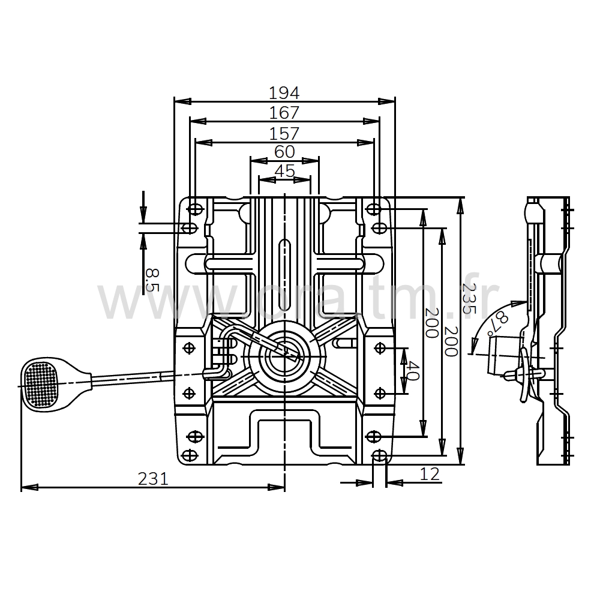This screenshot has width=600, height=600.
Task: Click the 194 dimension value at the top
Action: pyautogui.click(x=284, y=93)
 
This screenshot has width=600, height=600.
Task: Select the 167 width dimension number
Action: pyautogui.click(x=284, y=113)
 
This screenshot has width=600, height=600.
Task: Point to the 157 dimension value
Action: pyautogui.click(x=284, y=134)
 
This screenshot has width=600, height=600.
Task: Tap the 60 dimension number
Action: pyautogui.click(x=284, y=152)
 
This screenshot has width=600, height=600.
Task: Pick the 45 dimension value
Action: pyautogui.click(x=284, y=171)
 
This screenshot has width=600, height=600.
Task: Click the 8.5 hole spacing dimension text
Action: pyautogui.click(x=152, y=280)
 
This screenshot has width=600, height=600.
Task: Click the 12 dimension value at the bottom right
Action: pyautogui.click(x=430, y=474)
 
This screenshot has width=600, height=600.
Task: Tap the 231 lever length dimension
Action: pyautogui.click(x=153, y=478)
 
